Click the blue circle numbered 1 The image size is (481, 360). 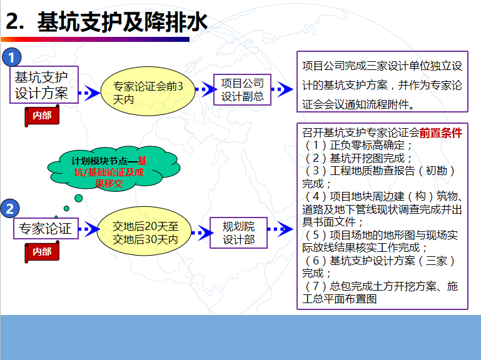[x=12, y=57]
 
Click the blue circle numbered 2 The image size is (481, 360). [x=10, y=209]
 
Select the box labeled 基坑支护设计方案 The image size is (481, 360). [x=44, y=84]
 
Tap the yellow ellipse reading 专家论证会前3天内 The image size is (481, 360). [x=148, y=91]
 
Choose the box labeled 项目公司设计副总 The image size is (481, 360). [x=242, y=90]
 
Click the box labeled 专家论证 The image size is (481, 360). [x=46, y=229]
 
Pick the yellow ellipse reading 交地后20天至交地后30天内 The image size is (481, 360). [x=144, y=231]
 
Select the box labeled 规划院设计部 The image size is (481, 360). [x=238, y=232]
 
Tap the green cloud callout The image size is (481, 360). [x=113, y=169]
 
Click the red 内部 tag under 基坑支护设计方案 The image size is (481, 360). [x=42, y=116]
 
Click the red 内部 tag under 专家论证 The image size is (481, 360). [x=42, y=252]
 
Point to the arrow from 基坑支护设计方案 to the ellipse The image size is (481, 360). [x=89, y=92]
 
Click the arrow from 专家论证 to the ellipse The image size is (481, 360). [x=89, y=229]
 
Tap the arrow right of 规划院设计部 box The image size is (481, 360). [x=280, y=229]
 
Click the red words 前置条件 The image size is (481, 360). [x=440, y=133]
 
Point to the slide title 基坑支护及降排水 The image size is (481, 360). [x=123, y=22]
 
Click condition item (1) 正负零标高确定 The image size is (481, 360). [x=357, y=145]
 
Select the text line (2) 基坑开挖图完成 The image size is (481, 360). [x=357, y=158]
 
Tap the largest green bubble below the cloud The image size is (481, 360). [x=79, y=198]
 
